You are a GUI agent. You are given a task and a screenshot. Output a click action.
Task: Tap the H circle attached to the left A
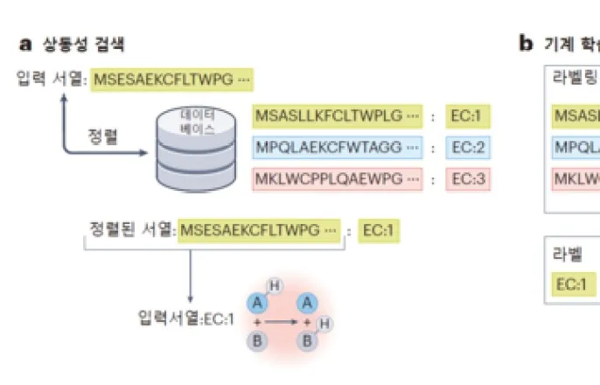(274, 286)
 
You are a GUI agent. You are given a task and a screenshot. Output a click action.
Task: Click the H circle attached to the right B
(325, 324)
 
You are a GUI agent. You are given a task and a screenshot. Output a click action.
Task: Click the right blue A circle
(307, 303)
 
